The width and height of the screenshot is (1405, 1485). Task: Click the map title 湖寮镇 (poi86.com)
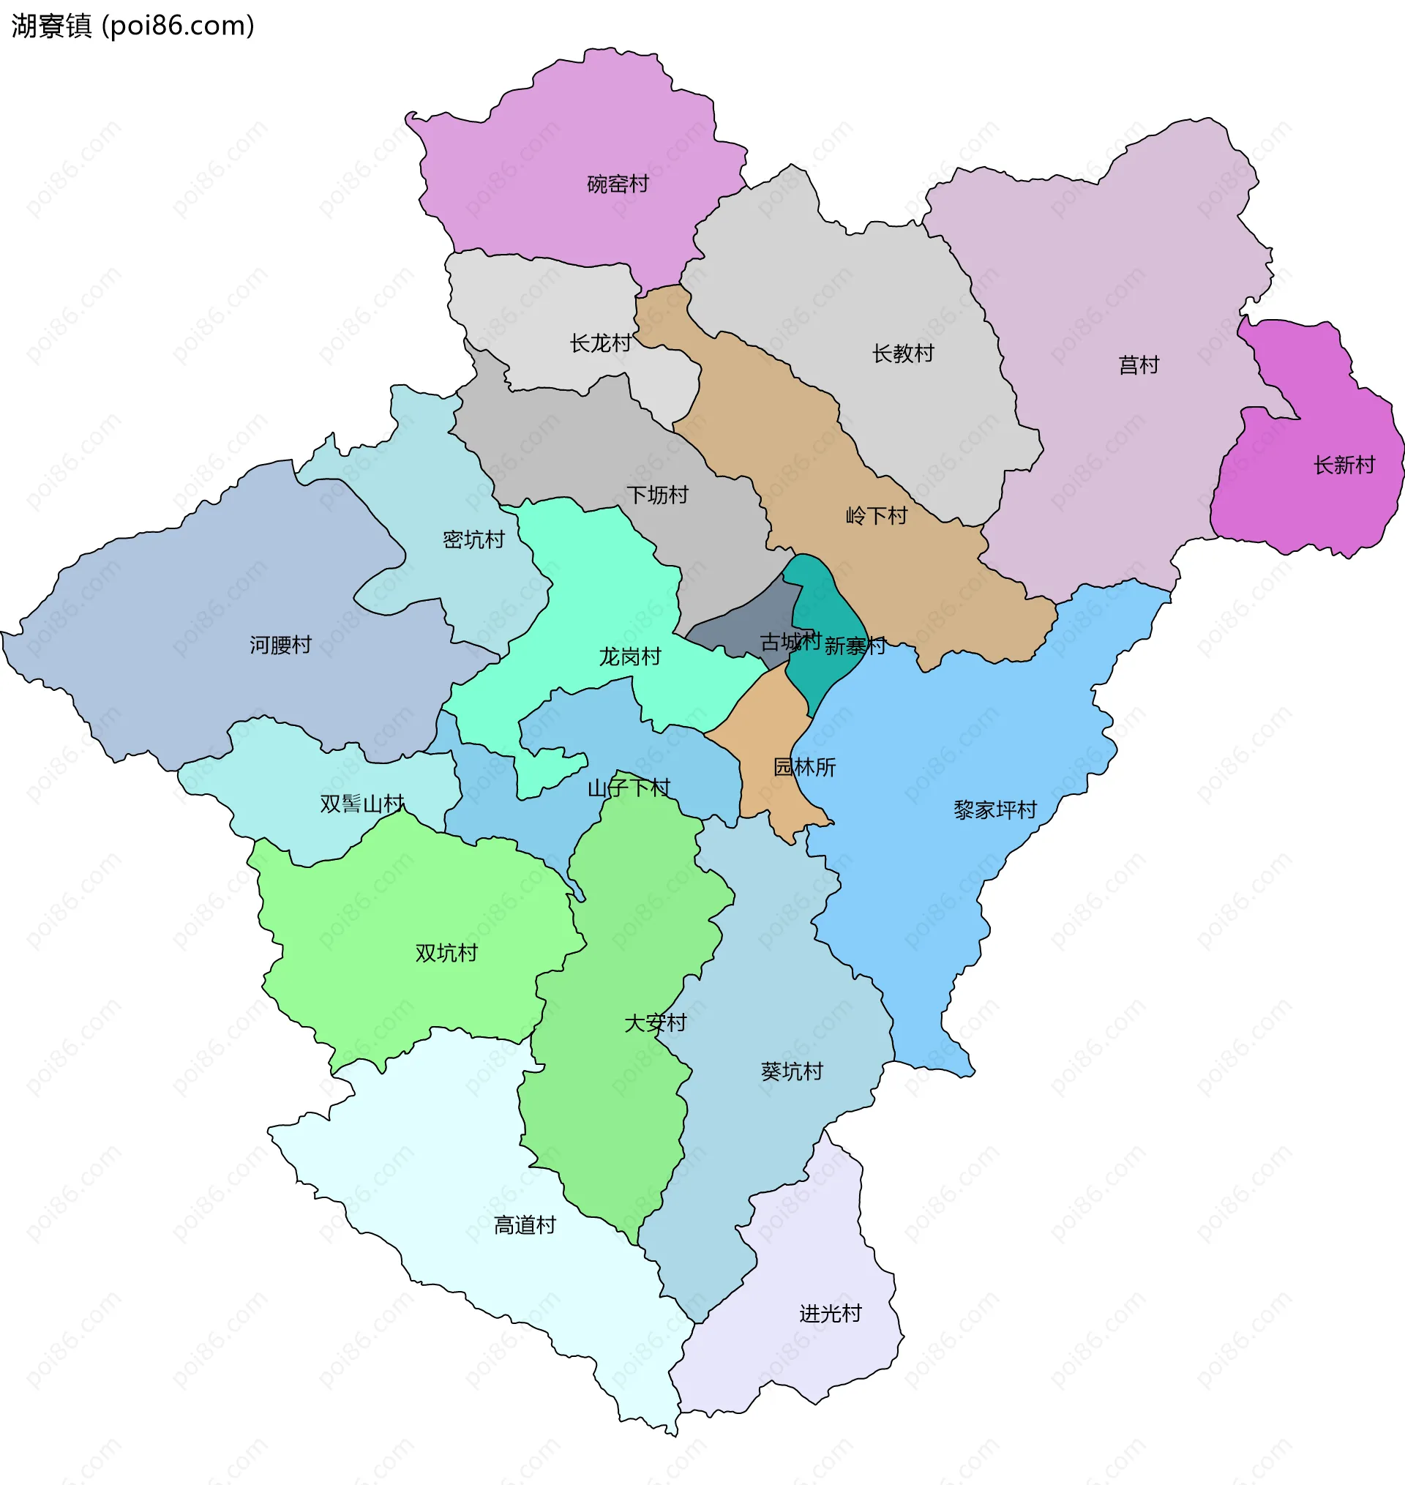pyautogui.click(x=132, y=26)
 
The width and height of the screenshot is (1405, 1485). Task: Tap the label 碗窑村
pyautogui.click(x=617, y=184)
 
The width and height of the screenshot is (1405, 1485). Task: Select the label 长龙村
pyautogui.click(x=600, y=343)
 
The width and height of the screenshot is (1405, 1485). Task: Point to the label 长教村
pyautogui.click(x=902, y=353)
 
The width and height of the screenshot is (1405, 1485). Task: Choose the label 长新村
pyautogui.click(x=1344, y=465)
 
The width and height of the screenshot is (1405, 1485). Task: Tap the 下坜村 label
pyautogui.click(x=657, y=494)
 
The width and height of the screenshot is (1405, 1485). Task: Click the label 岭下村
pyautogui.click(x=875, y=515)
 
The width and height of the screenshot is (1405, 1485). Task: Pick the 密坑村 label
pyautogui.click(x=473, y=539)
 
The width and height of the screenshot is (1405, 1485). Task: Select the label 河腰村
pyautogui.click(x=280, y=645)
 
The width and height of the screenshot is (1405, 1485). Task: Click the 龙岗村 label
pyautogui.click(x=629, y=657)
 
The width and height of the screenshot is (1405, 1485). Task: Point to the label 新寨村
pyautogui.click(x=855, y=646)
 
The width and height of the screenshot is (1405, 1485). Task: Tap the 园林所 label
pyautogui.click(x=803, y=767)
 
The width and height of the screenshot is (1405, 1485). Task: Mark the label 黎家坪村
pyautogui.click(x=994, y=809)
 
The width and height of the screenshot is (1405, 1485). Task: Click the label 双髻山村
pyautogui.click(x=361, y=804)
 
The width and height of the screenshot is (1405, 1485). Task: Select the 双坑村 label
pyautogui.click(x=446, y=953)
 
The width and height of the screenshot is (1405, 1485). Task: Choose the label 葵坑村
pyautogui.click(x=792, y=1071)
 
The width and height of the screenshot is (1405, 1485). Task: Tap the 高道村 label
pyautogui.click(x=524, y=1225)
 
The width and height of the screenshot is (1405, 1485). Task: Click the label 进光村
pyautogui.click(x=830, y=1314)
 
